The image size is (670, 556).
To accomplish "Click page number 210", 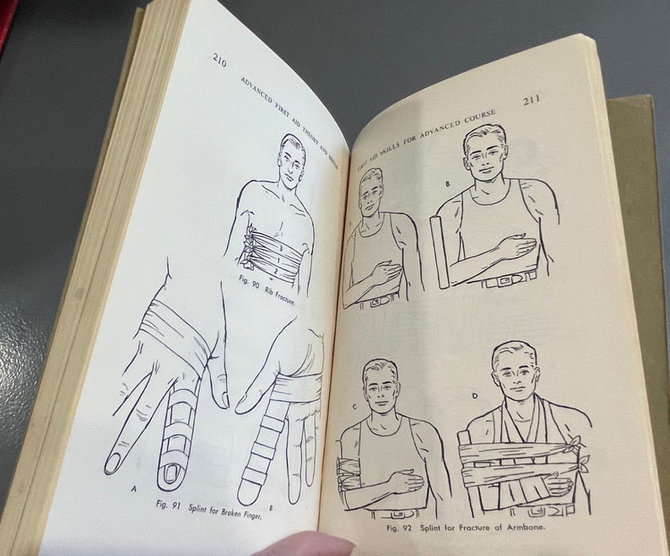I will pyautogui.click(x=219, y=60).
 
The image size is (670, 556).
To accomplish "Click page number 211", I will pyautogui.click(x=532, y=100).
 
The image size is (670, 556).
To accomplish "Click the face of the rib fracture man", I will pyautogui.click(x=291, y=162).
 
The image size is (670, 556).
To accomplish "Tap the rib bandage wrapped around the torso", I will pyautogui.click(x=272, y=254).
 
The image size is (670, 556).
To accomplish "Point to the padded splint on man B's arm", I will pyautogui.click(x=440, y=250).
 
